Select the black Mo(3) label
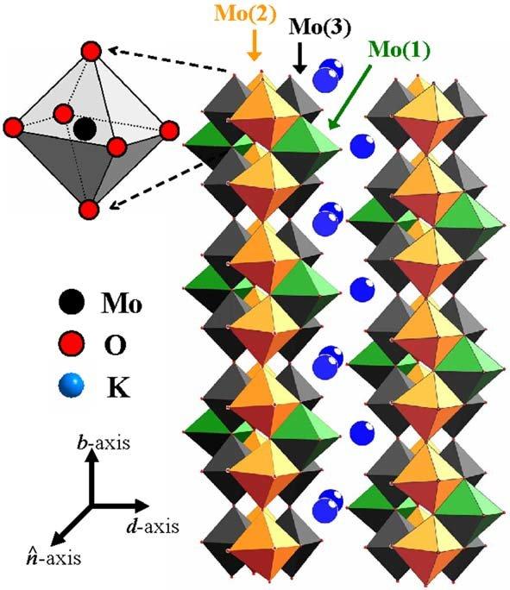point(320,28)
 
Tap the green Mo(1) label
point(399,49)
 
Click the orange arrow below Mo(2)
point(255,45)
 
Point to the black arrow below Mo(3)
point(300,58)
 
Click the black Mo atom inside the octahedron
point(85,129)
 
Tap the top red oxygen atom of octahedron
point(91,52)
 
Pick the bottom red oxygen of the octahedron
point(89,210)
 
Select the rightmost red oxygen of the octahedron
point(169,130)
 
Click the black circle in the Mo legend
point(72,302)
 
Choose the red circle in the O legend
point(72,343)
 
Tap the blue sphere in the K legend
point(72,385)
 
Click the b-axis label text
point(104,442)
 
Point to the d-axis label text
point(153,526)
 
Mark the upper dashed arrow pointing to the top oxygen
point(169,60)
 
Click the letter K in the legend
point(118,387)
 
